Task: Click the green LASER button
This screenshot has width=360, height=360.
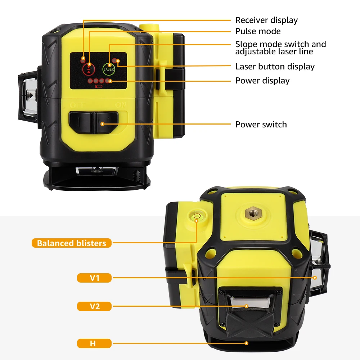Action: (109, 68)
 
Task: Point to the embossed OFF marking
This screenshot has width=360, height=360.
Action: (77, 105)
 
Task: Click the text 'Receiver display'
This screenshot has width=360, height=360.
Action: (266, 20)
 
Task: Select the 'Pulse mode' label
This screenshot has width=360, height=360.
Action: (258, 31)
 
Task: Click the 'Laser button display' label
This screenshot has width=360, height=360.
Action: (275, 67)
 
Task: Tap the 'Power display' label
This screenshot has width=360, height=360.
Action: (262, 81)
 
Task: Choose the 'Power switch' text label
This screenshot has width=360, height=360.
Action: (261, 125)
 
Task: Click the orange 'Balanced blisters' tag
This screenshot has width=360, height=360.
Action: (72, 243)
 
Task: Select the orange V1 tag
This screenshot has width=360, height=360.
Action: (94, 278)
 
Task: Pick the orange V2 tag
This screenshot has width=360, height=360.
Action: (94, 306)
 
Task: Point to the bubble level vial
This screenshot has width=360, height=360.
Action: (197, 216)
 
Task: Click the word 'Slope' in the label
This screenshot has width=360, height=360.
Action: (245, 44)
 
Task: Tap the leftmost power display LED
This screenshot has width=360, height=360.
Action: (90, 81)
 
